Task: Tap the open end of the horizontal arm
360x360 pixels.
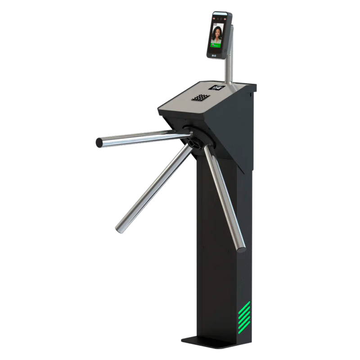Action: (x=98, y=142)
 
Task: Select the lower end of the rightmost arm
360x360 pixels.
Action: (x=242, y=246)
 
